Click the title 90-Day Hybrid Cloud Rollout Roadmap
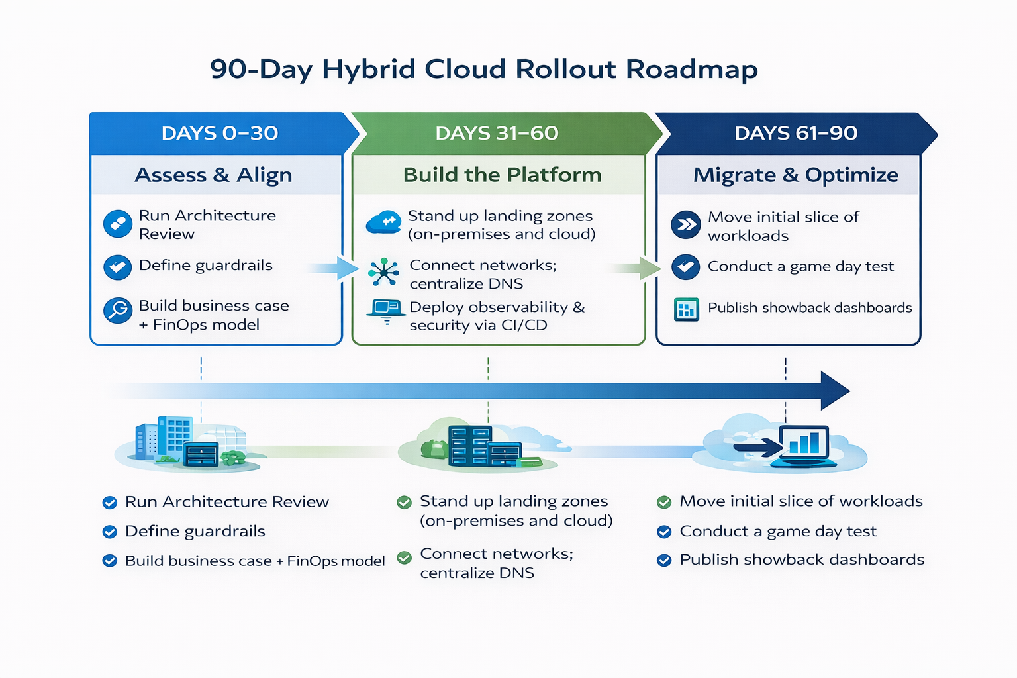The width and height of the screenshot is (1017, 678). [x=483, y=69]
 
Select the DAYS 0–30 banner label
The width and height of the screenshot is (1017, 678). [x=219, y=133]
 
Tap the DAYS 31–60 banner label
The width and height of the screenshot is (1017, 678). [x=497, y=133]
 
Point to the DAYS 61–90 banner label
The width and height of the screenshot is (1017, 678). [x=796, y=133]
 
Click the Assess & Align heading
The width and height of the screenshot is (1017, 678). [x=213, y=175]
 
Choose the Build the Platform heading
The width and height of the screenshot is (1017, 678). [x=502, y=175]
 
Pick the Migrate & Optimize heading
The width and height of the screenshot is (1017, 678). [x=795, y=175]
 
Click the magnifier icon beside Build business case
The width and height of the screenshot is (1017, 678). [x=118, y=310]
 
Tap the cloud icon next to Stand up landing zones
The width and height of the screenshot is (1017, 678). [x=383, y=222]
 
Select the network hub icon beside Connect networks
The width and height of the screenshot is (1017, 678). [x=384, y=272]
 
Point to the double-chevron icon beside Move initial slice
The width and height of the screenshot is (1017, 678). [x=686, y=225]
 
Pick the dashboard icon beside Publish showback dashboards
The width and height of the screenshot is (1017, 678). [x=686, y=309]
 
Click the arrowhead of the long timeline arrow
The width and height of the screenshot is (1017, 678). [x=834, y=391]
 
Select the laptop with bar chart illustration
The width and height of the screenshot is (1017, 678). [x=804, y=445]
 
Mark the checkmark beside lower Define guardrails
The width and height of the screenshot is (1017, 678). [x=110, y=532]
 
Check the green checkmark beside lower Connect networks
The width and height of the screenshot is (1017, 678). [x=404, y=557]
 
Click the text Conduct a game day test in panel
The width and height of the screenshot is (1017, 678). [x=800, y=266]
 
